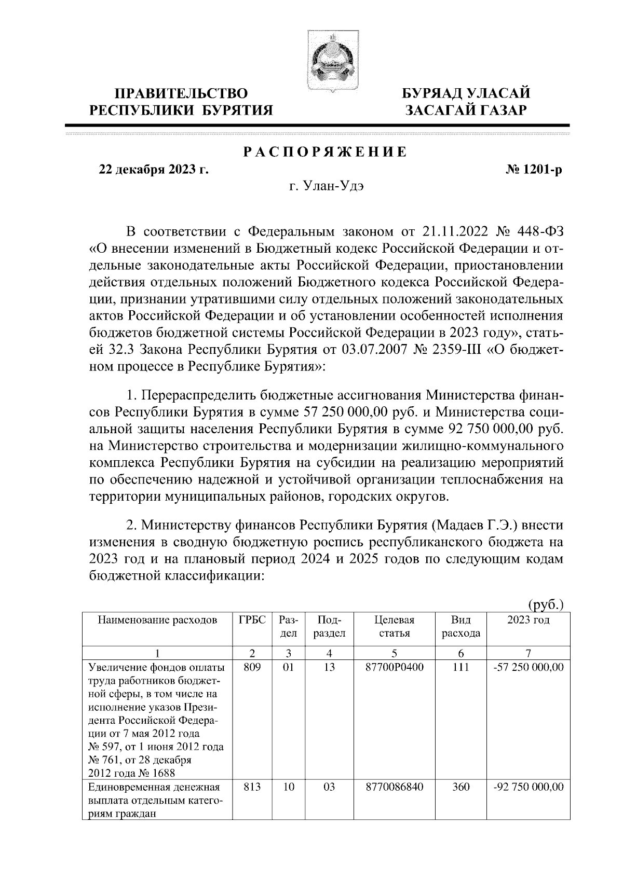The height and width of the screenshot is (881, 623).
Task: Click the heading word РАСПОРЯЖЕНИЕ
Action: click(x=325, y=152)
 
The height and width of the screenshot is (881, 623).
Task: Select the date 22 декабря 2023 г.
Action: click(x=154, y=170)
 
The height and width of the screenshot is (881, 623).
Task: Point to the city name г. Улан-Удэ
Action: click(x=326, y=187)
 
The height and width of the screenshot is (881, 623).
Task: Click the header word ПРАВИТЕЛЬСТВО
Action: click(x=181, y=93)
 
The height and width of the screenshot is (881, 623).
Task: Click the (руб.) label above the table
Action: click(x=545, y=604)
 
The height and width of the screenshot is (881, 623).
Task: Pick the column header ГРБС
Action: click(x=252, y=621)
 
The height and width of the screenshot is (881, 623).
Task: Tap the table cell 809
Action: click(x=252, y=667)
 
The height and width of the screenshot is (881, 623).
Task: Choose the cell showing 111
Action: click(x=461, y=667)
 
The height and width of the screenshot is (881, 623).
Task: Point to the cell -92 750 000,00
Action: click(x=528, y=787)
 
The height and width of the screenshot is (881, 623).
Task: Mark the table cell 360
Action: click(x=461, y=787)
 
